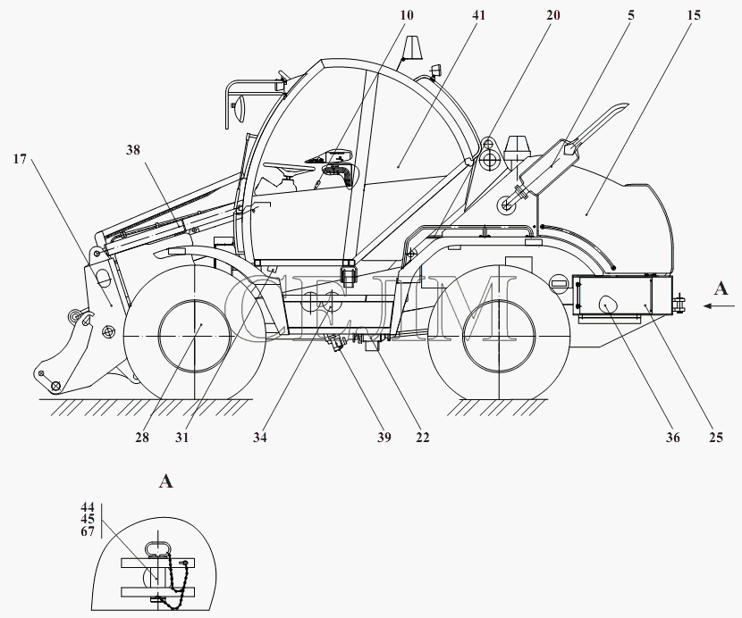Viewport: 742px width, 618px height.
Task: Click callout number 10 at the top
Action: click(407, 15)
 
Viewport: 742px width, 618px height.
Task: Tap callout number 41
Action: click(479, 15)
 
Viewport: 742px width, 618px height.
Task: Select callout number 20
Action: click(552, 15)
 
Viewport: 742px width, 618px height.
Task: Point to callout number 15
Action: click(693, 15)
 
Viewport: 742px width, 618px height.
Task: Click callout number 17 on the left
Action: click(20, 159)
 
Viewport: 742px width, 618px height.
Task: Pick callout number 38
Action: click(133, 150)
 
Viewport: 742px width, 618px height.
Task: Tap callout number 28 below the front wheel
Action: click(142, 438)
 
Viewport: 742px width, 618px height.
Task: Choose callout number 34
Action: click(259, 438)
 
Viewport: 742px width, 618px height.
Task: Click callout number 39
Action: click(384, 438)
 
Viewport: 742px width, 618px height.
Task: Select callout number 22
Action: click(423, 438)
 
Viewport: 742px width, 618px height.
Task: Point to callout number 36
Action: click(672, 438)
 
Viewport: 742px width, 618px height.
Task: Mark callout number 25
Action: click(716, 438)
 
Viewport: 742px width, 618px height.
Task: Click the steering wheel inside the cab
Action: click(289, 167)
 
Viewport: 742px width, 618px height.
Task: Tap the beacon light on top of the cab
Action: click(412, 46)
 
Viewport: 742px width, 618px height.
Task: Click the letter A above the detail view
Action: click(165, 482)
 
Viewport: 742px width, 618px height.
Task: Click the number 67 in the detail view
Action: click(88, 531)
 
